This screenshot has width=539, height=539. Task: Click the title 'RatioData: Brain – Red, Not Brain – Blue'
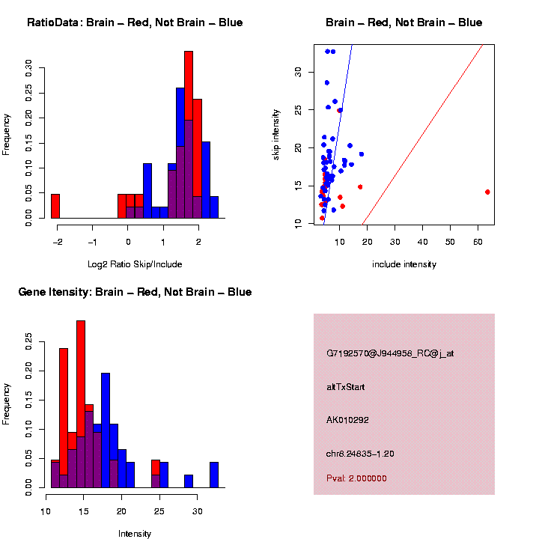135,22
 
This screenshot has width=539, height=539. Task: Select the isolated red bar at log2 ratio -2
55,206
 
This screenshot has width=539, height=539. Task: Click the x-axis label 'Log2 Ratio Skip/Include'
135,264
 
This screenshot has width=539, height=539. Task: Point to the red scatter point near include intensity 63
487,192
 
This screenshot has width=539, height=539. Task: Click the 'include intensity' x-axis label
404,264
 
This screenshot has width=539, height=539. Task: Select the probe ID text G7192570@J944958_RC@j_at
390,353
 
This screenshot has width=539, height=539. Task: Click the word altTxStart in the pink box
346,387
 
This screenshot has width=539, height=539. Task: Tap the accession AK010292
348,420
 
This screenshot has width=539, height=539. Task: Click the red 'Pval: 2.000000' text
361,478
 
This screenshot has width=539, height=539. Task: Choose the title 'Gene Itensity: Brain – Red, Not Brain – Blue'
135,292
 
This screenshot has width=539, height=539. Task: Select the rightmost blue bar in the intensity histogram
214,475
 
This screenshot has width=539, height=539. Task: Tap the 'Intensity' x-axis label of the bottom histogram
135,534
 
